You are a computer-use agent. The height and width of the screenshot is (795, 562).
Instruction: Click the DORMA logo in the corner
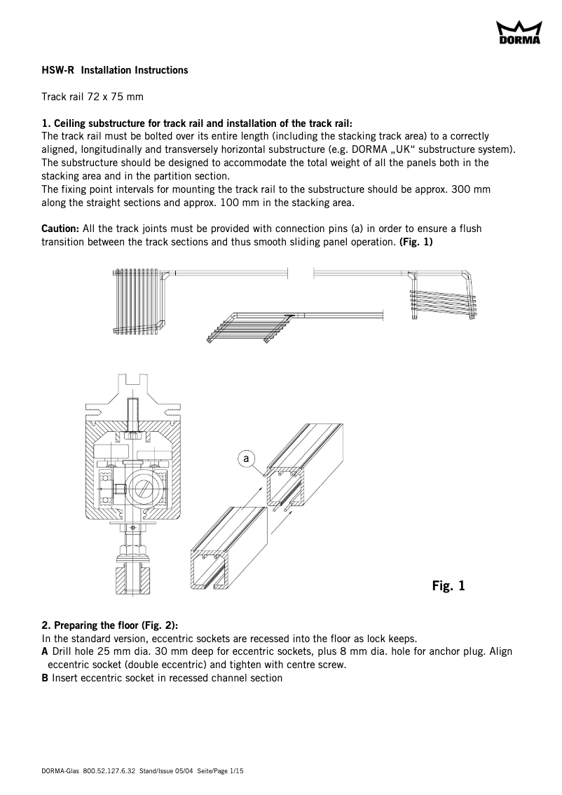519,33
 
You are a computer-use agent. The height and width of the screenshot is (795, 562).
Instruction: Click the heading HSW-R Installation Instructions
115,71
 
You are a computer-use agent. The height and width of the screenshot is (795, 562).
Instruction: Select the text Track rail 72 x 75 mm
92,97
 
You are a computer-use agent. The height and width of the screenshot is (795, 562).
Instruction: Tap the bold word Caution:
60,229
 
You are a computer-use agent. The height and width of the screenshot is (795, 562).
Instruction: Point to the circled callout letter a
246,458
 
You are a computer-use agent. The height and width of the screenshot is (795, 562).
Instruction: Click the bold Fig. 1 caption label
448,585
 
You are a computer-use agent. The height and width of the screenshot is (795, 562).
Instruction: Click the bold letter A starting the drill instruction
46,651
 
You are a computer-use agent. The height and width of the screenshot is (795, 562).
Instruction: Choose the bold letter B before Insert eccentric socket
46,678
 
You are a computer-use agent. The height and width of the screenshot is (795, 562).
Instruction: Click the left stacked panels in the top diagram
137,301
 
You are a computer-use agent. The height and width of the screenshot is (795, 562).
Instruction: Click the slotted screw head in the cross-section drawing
143,488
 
